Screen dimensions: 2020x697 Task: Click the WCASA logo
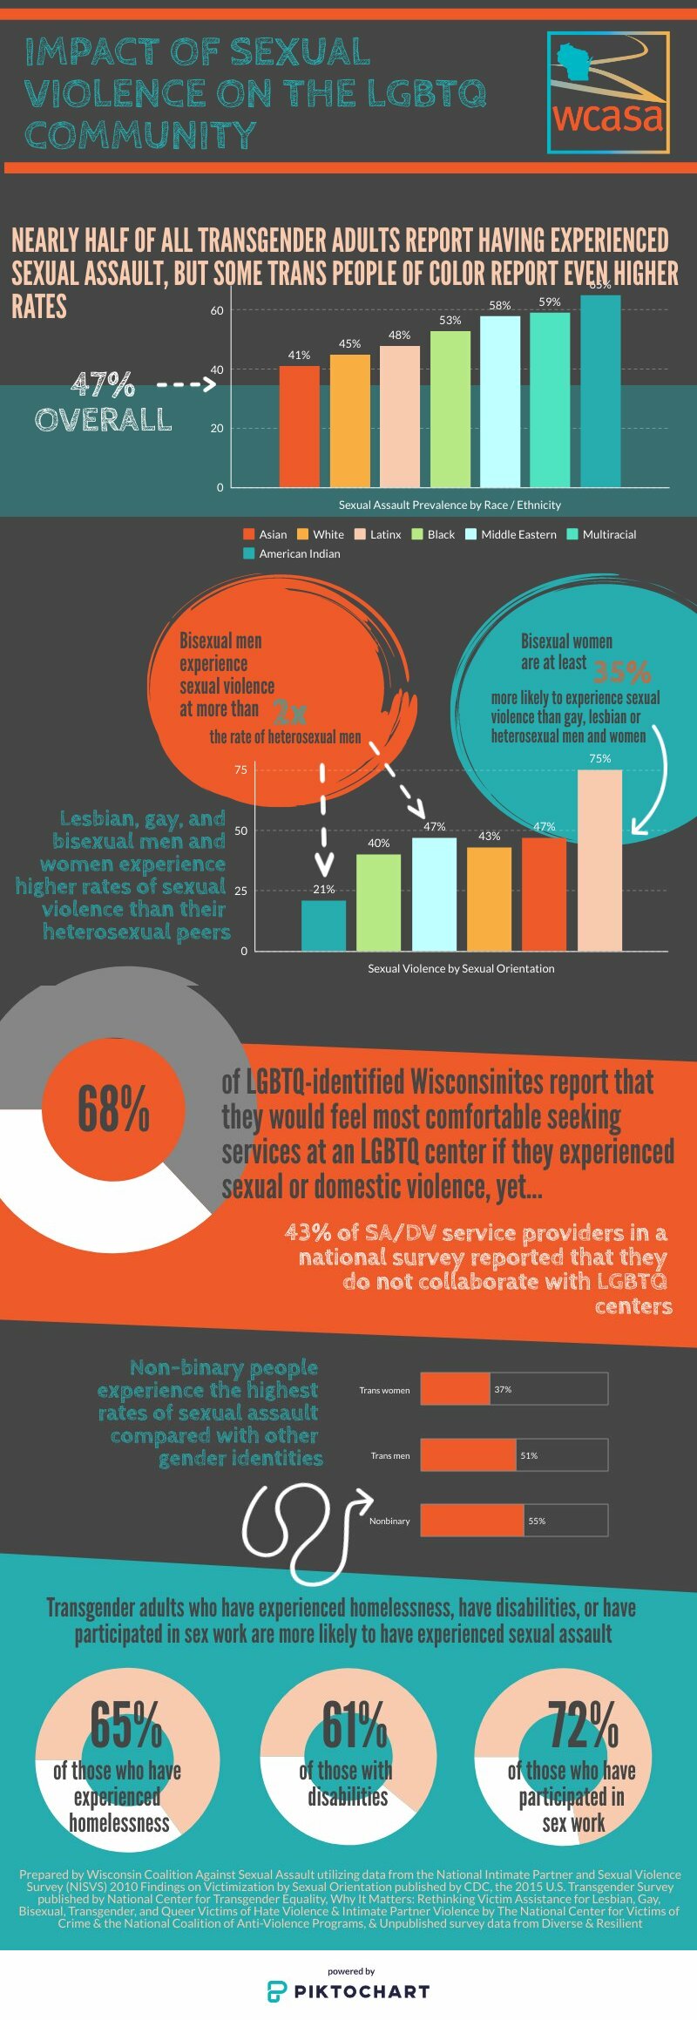608,93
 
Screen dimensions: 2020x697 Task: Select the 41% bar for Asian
299,426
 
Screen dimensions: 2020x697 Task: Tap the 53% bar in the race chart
450,409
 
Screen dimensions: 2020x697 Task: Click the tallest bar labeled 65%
600,391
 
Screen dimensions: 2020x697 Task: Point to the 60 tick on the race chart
217,310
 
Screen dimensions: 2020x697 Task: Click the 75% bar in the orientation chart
599,860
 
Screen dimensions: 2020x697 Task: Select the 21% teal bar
323,925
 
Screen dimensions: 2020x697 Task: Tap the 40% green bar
378,902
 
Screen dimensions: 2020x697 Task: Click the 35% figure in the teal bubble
621,672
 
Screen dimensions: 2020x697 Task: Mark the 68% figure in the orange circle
113,1108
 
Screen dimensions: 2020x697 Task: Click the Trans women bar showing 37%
455,1389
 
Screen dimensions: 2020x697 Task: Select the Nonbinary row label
389,1521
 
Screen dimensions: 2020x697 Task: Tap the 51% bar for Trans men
469,1455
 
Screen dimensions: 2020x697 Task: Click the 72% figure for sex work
582,1725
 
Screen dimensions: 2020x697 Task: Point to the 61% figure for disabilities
354,1725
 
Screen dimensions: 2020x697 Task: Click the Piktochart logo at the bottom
348,1990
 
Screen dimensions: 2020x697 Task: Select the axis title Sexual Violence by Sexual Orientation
461,968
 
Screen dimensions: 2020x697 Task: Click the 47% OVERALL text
104,402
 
